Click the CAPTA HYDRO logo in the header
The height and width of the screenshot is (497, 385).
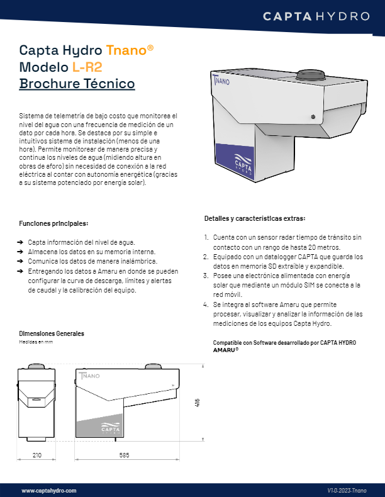tap(316, 16)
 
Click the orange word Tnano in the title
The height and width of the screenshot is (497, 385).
tap(130, 50)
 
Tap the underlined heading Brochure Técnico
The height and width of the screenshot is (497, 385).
tap(77, 84)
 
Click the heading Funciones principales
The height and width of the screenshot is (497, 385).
tap(53, 223)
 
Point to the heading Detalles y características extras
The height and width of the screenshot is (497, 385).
tap(255, 218)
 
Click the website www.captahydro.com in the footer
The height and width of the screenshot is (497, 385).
tap(49, 489)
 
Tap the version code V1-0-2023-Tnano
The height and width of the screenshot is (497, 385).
tap(348, 489)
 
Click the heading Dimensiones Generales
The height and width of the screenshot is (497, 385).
tap(52, 333)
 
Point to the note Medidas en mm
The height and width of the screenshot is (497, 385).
tap(36, 342)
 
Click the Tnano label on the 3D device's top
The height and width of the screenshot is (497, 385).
tap(221, 80)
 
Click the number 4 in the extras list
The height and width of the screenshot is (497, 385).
tap(206, 304)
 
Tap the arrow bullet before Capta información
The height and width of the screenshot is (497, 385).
tap(22, 242)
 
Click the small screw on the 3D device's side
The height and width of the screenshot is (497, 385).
tap(312, 116)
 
